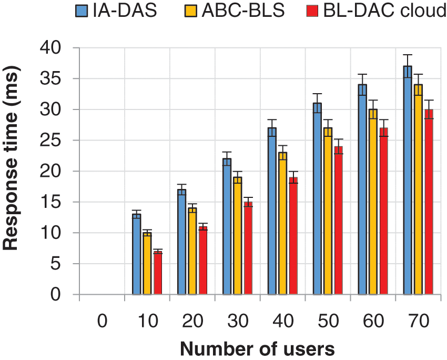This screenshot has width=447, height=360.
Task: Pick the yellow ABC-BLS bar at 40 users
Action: click(x=282, y=224)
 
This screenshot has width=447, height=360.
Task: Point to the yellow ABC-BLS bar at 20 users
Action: click(x=192, y=251)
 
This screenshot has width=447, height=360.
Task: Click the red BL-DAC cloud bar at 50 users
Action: click(x=338, y=221)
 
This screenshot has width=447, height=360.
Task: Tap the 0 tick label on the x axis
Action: click(x=102, y=321)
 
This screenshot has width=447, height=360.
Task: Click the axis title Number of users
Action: click(x=257, y=348)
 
